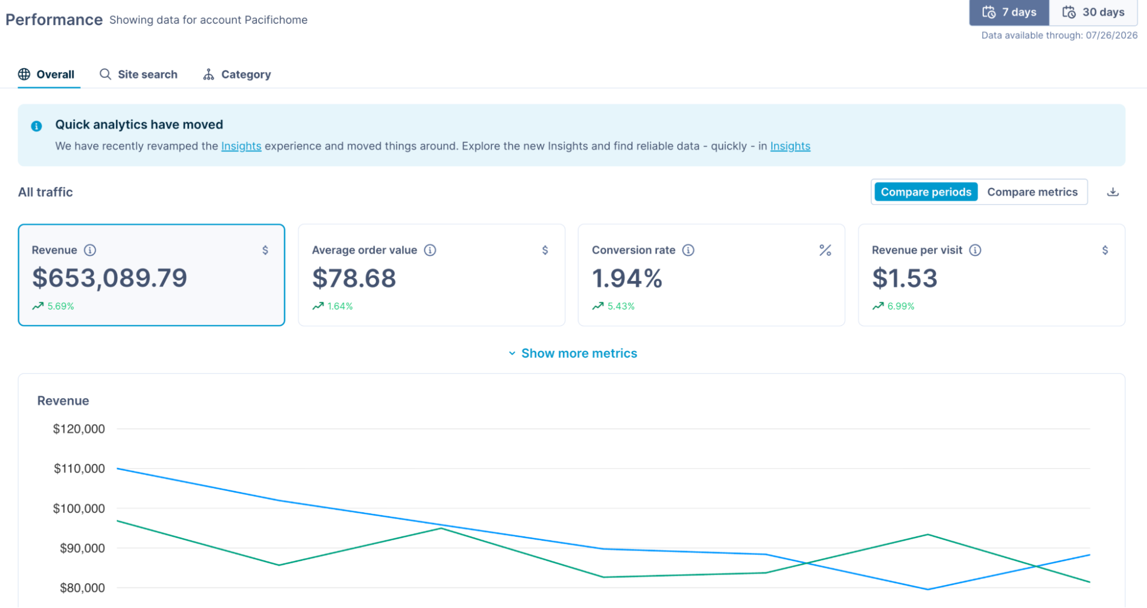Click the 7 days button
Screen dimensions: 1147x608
[1009, 12]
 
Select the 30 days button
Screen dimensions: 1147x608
[1093, 12]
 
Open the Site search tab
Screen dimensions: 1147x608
[138, 75]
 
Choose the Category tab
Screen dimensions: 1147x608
[237, 75]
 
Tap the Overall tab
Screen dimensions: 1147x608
[46, 75]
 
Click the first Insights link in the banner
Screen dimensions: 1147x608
[241, 146]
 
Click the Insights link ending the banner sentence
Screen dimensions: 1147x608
[790, 146]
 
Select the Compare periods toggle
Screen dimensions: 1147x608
[926, 192]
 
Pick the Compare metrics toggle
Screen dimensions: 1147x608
[1032, 192]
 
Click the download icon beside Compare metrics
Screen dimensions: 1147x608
[1113, 192]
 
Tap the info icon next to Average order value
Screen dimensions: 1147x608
[430, 250]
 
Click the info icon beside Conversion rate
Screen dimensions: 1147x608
[688, 250]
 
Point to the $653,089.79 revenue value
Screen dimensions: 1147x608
[110, 278]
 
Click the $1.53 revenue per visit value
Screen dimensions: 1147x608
[904, 278]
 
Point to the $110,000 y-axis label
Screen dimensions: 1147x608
[79, 469]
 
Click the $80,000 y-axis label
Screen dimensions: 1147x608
[82, 588]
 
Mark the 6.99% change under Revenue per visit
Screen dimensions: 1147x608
[901, 306]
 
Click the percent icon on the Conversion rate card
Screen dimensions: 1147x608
[825, 250]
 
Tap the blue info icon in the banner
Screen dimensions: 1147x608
[36, 126]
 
